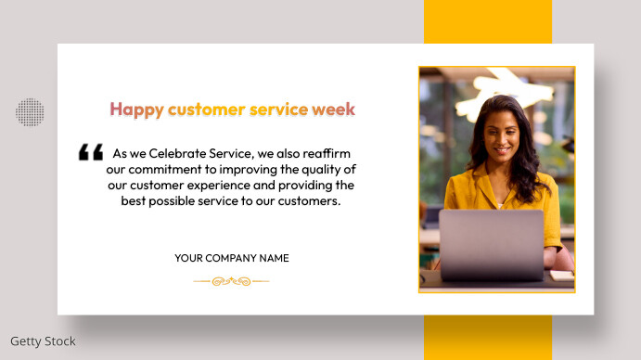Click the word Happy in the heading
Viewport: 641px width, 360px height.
click(x=136, y=109)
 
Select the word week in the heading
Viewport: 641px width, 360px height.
click(x=334, y=109)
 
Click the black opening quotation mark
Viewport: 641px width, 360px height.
click(x=90, y=152)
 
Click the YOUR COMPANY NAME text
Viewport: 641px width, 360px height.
click(x=232, y=258)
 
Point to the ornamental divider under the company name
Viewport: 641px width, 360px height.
click(x=231, y=280)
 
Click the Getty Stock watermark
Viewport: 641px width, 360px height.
click(x=43, y=341)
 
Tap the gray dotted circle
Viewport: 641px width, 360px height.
click(x=30, y=112)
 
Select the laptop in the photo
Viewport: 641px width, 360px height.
click(x=491, y=245)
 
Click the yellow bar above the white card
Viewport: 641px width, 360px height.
click(x=488, y=21)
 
